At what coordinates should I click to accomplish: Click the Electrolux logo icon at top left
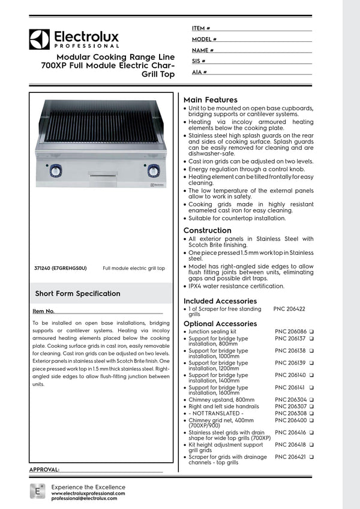pos(39,39)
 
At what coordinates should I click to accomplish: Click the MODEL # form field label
pos(204,39)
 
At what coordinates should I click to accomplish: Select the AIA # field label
pos(200,72)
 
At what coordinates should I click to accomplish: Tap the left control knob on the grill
pos(56,170)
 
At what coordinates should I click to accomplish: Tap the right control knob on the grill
pos(154,170)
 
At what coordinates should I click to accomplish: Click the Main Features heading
pos(210,100)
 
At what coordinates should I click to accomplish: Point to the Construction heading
pos(207,230)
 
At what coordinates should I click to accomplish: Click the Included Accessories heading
pos(220,301)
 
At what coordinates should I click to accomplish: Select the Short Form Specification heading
pos(77,293)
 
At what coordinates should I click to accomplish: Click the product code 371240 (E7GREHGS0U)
pos(60,269)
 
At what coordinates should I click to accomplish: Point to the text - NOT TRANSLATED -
pos(216,414)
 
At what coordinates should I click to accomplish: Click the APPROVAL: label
pos(44,469)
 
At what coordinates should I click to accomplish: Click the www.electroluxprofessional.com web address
pos(88,493)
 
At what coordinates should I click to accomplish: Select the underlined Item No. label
pos(44,312)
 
